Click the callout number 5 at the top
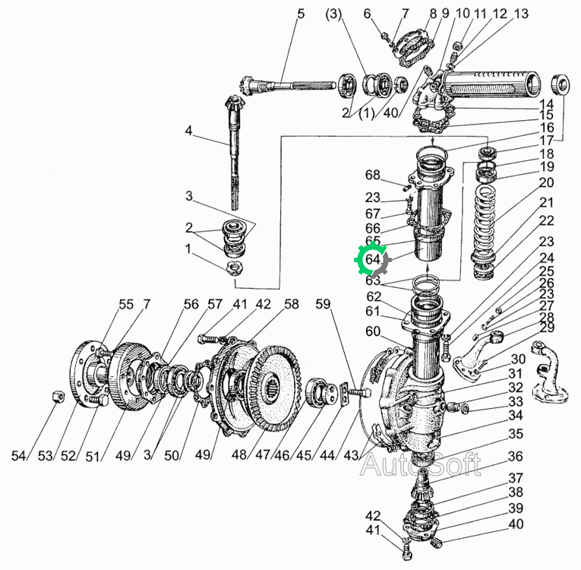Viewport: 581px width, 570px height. [301, 14]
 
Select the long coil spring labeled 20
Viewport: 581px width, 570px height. [485, 223]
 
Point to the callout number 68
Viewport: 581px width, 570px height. [373, 175]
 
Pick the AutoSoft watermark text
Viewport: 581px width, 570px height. [421, 464]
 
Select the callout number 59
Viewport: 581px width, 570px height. [323, 304]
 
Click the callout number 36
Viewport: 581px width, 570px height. [516, 457]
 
